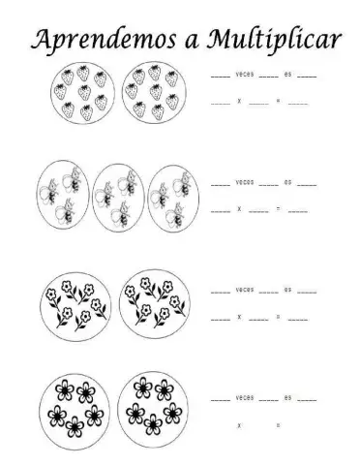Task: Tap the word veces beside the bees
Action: [x=245, y=182]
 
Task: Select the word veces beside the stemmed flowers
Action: [x=245, y=290]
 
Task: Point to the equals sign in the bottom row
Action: [x=278, y=424]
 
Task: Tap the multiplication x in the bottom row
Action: [x=238, y=424]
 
